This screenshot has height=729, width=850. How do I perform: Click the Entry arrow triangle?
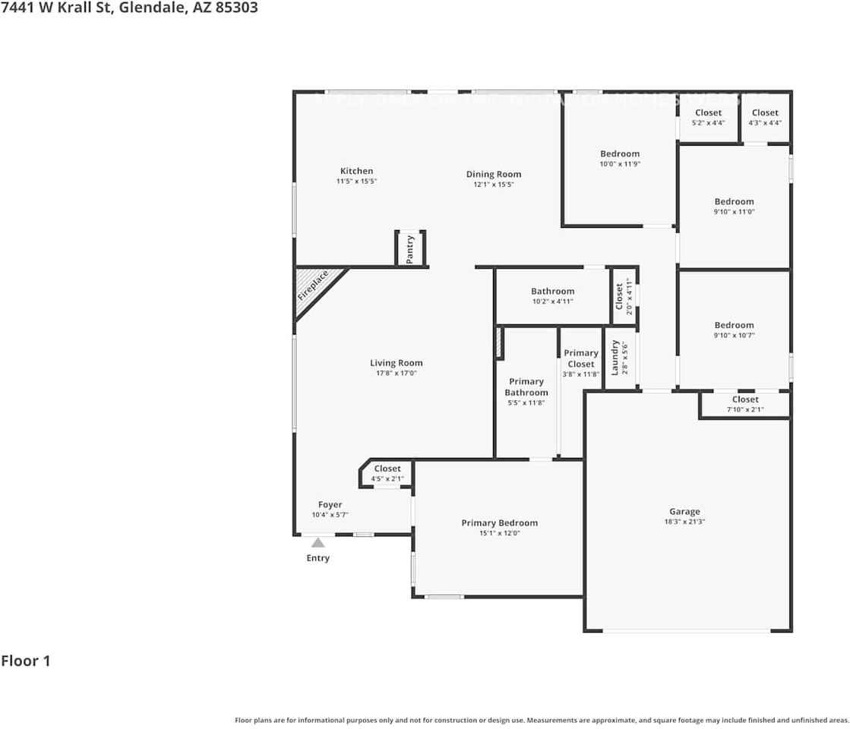pos(318,542)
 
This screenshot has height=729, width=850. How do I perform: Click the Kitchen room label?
pos(356,172)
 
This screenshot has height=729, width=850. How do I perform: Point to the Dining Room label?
pos(494,175)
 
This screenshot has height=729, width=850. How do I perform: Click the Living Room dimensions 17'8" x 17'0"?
pos(396,374)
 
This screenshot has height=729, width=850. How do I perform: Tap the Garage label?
pos(684,512)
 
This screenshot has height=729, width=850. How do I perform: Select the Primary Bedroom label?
pos(499,523)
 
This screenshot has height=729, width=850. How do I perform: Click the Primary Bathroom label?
pos(526,387)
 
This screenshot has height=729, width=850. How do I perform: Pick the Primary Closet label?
pos(581,358)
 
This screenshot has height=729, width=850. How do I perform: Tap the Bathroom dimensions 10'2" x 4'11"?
pos(552,301)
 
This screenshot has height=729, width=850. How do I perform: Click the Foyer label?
pos(330,505)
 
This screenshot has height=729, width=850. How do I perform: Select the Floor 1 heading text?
pos(26,661)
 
